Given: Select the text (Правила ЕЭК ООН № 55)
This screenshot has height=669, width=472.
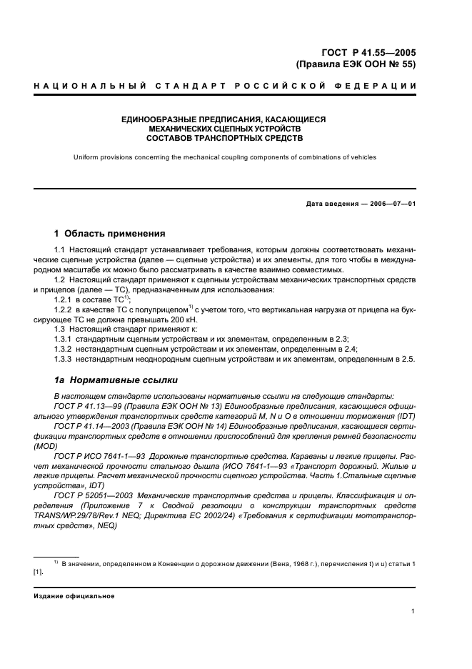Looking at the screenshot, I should coord(356,64).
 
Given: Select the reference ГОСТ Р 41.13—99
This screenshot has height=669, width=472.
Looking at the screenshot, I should coord(87,406).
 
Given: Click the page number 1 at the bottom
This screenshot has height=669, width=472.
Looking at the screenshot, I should coord(413,611).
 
